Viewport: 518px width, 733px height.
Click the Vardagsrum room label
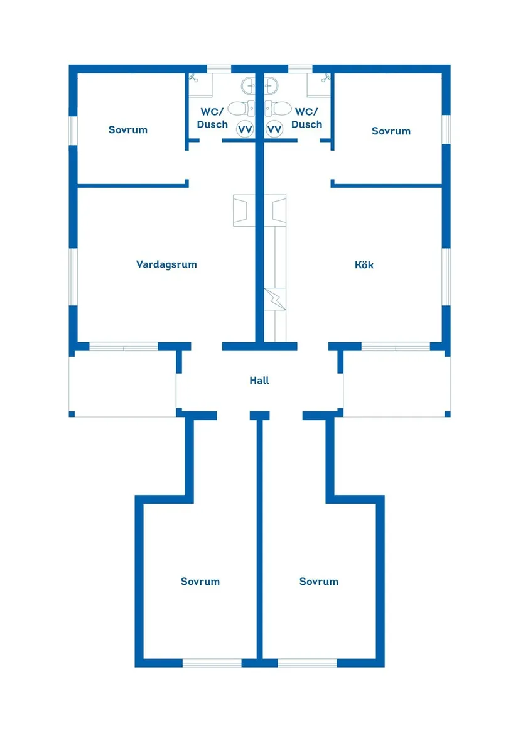coord(166,264)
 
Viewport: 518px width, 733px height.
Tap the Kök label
coord(364,265)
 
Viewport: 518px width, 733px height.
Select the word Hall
coord(259,381)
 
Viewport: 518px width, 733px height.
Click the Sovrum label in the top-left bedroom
coord(128,130)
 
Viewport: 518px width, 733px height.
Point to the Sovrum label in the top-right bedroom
coord(391,131)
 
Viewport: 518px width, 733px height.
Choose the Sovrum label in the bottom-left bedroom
coord(200,582)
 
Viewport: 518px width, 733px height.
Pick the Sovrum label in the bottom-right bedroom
coord(319,582)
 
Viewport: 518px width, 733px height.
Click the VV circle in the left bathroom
coord(245,129)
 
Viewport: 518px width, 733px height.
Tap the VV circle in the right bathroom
coord(274,129)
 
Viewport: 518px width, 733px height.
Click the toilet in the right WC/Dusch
coord(279,108)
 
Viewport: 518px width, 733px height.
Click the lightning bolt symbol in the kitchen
coord(274,298)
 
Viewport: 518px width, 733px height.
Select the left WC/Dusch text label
coord(212,118)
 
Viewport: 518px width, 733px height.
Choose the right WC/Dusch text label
coord(307,118)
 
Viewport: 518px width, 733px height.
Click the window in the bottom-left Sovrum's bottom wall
coord(212,663)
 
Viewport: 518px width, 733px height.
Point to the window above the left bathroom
coord(219,68)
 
